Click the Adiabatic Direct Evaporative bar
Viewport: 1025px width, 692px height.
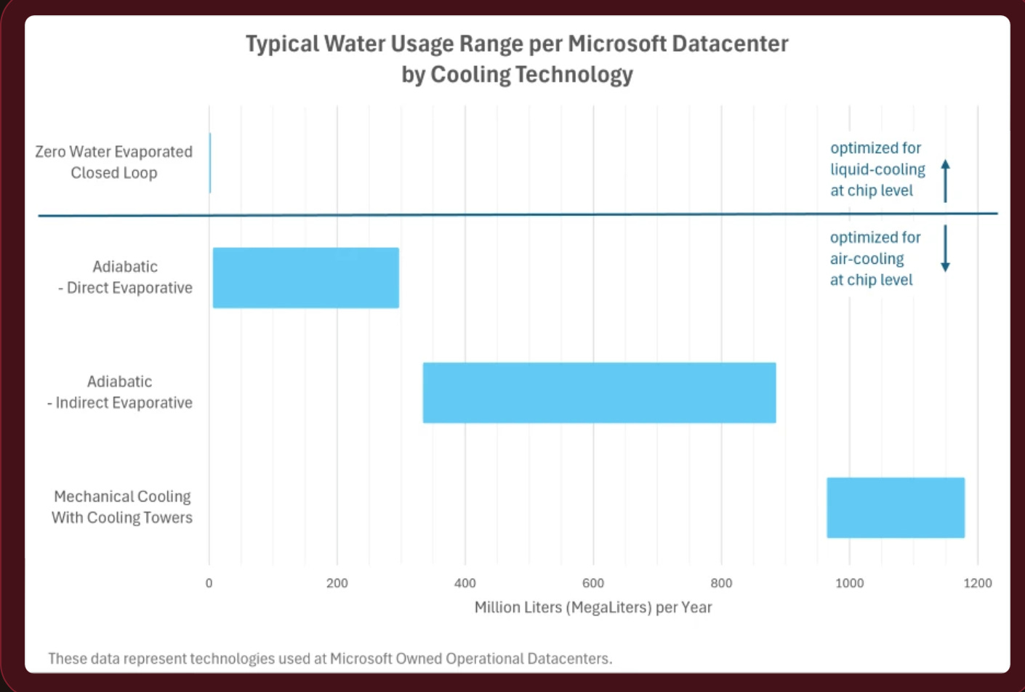pos(305,278)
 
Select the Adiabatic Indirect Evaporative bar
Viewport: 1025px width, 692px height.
pos(599,393)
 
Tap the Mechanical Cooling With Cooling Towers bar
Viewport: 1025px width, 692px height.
pos(895,507)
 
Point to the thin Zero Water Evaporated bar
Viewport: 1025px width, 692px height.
pos(210,163)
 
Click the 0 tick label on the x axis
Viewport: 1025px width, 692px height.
pos(209,583)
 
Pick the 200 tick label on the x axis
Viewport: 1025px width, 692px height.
pos(337,583)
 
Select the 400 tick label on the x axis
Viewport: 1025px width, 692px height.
pos(465,583)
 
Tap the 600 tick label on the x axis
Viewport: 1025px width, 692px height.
pos(592,583)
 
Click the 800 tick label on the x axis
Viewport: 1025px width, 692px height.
pos(721,583)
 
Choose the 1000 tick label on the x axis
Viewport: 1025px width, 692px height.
pos(849,583)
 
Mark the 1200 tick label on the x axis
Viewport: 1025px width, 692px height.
pos(977,583)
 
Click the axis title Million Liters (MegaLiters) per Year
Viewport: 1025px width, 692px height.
pos(592,608)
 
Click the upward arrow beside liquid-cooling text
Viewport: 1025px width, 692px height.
pos(945,180)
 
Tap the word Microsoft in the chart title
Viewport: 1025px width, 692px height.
pos(617,44)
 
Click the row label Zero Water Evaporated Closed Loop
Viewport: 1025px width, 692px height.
pos(114,162)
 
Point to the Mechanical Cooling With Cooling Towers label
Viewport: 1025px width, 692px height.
pos(122,507)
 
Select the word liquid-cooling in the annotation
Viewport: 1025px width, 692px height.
pos(877,169)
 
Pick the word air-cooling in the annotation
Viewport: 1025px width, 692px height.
pos(867,259)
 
